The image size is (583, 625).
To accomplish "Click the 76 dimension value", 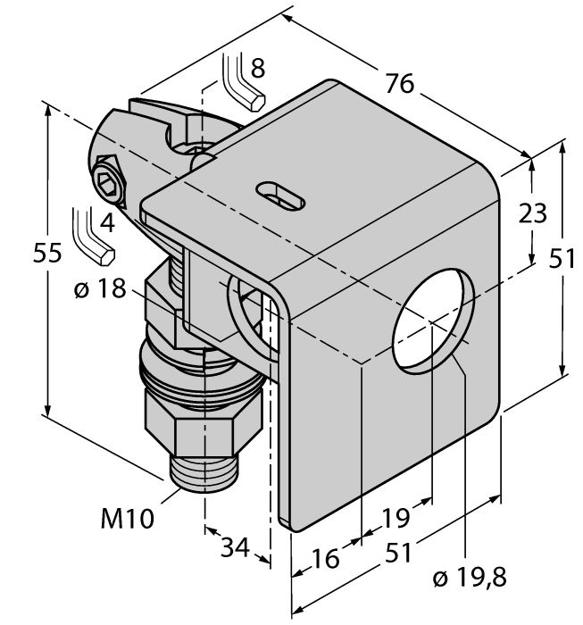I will [x=400, y=83].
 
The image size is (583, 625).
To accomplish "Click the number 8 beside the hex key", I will [x=257, y=67].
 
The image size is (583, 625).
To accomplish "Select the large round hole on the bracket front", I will [x=430, y=323].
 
